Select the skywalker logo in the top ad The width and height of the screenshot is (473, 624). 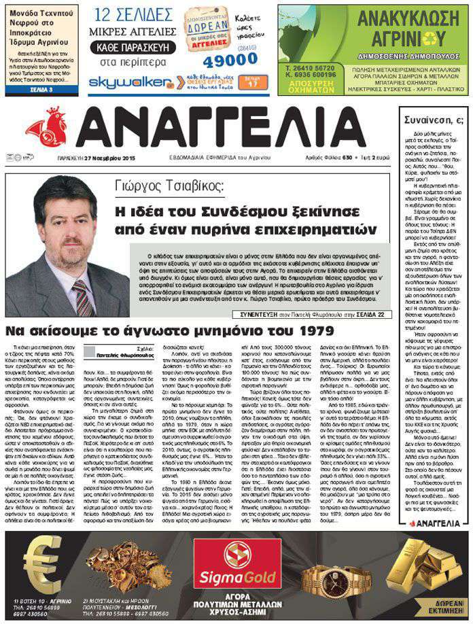[x=124, y=83]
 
